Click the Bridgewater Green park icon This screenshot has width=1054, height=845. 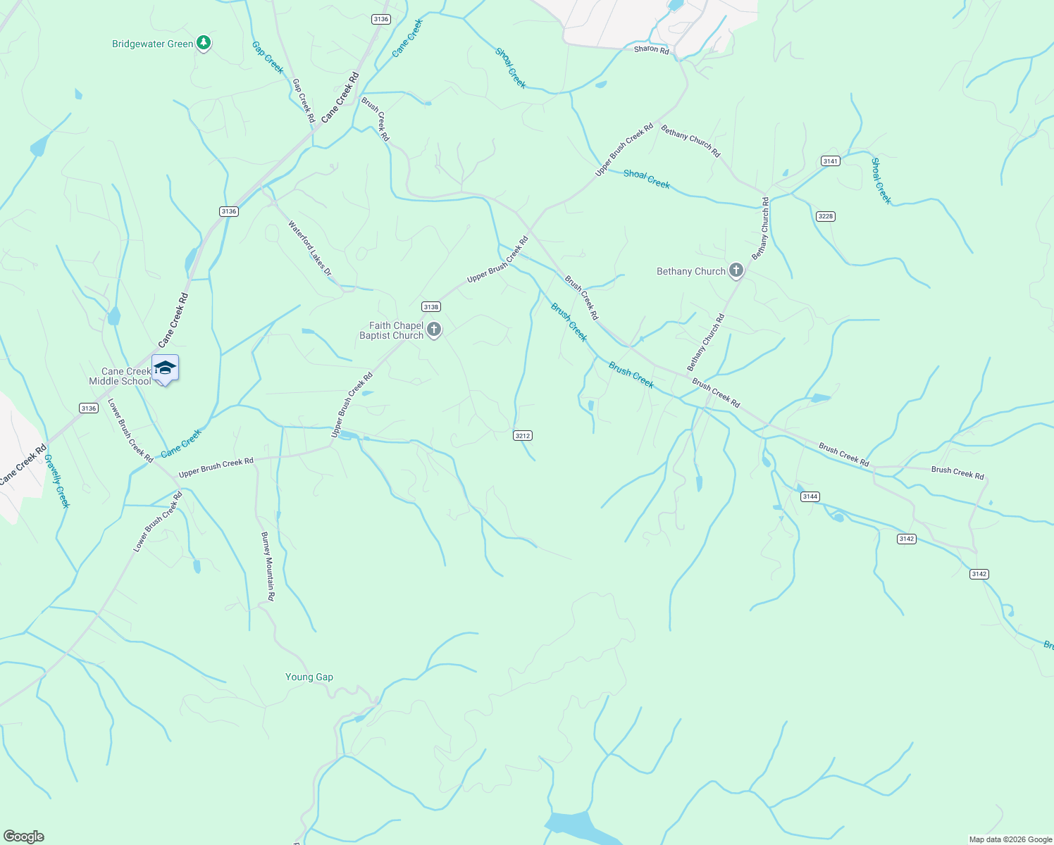[204, 44]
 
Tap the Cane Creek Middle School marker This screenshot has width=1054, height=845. [165, 368]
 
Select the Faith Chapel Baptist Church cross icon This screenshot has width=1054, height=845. [434, 330]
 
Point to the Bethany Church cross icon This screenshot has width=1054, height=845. [736, 270]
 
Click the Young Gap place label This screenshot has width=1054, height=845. [309, 677]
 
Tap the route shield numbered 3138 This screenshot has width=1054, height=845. [430, 306]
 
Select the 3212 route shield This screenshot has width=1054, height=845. [522, 436]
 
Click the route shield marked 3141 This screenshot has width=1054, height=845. [831, 161]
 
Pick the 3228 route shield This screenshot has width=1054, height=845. [826, 216]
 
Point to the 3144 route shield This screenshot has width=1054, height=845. [810, 496]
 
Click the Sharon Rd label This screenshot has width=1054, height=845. [651, 49]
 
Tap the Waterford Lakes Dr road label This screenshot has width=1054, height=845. [309, 248]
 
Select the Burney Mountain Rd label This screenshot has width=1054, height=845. [268, 566]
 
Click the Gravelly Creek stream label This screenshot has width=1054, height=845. [57, 481]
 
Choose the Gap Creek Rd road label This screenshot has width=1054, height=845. [304, 100]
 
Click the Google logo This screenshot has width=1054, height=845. [24, 836]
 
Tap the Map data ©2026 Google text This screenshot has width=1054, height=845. [1010, 839]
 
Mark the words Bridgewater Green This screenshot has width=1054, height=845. [152, 44]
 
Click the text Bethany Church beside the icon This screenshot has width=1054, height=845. [690, 271]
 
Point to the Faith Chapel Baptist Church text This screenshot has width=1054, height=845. [391, 330]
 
